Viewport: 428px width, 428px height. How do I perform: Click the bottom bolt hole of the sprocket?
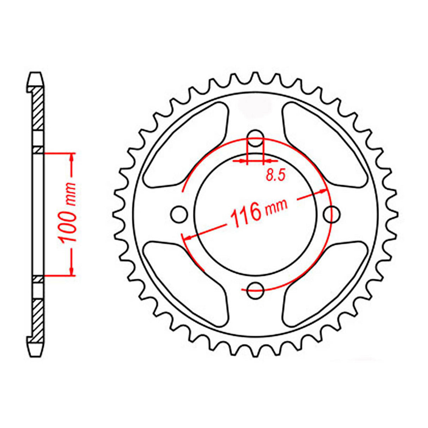256,290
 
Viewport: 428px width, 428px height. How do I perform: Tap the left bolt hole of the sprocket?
179,213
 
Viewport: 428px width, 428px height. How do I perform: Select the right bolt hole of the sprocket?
332,213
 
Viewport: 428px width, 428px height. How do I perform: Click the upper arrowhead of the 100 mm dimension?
72,157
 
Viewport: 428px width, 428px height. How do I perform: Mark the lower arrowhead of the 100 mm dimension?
72,271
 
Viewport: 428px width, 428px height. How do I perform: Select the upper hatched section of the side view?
38,109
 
